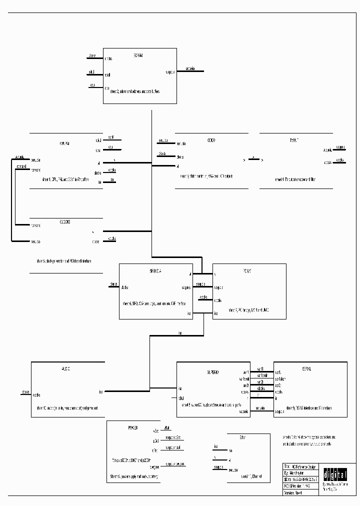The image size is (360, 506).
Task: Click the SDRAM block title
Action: [x=138, y=55]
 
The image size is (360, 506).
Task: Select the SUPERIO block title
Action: [x=213, y=372]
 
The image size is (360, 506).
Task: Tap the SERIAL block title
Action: [x=306, y=369]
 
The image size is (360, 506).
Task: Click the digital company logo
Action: [x=334, y=473]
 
